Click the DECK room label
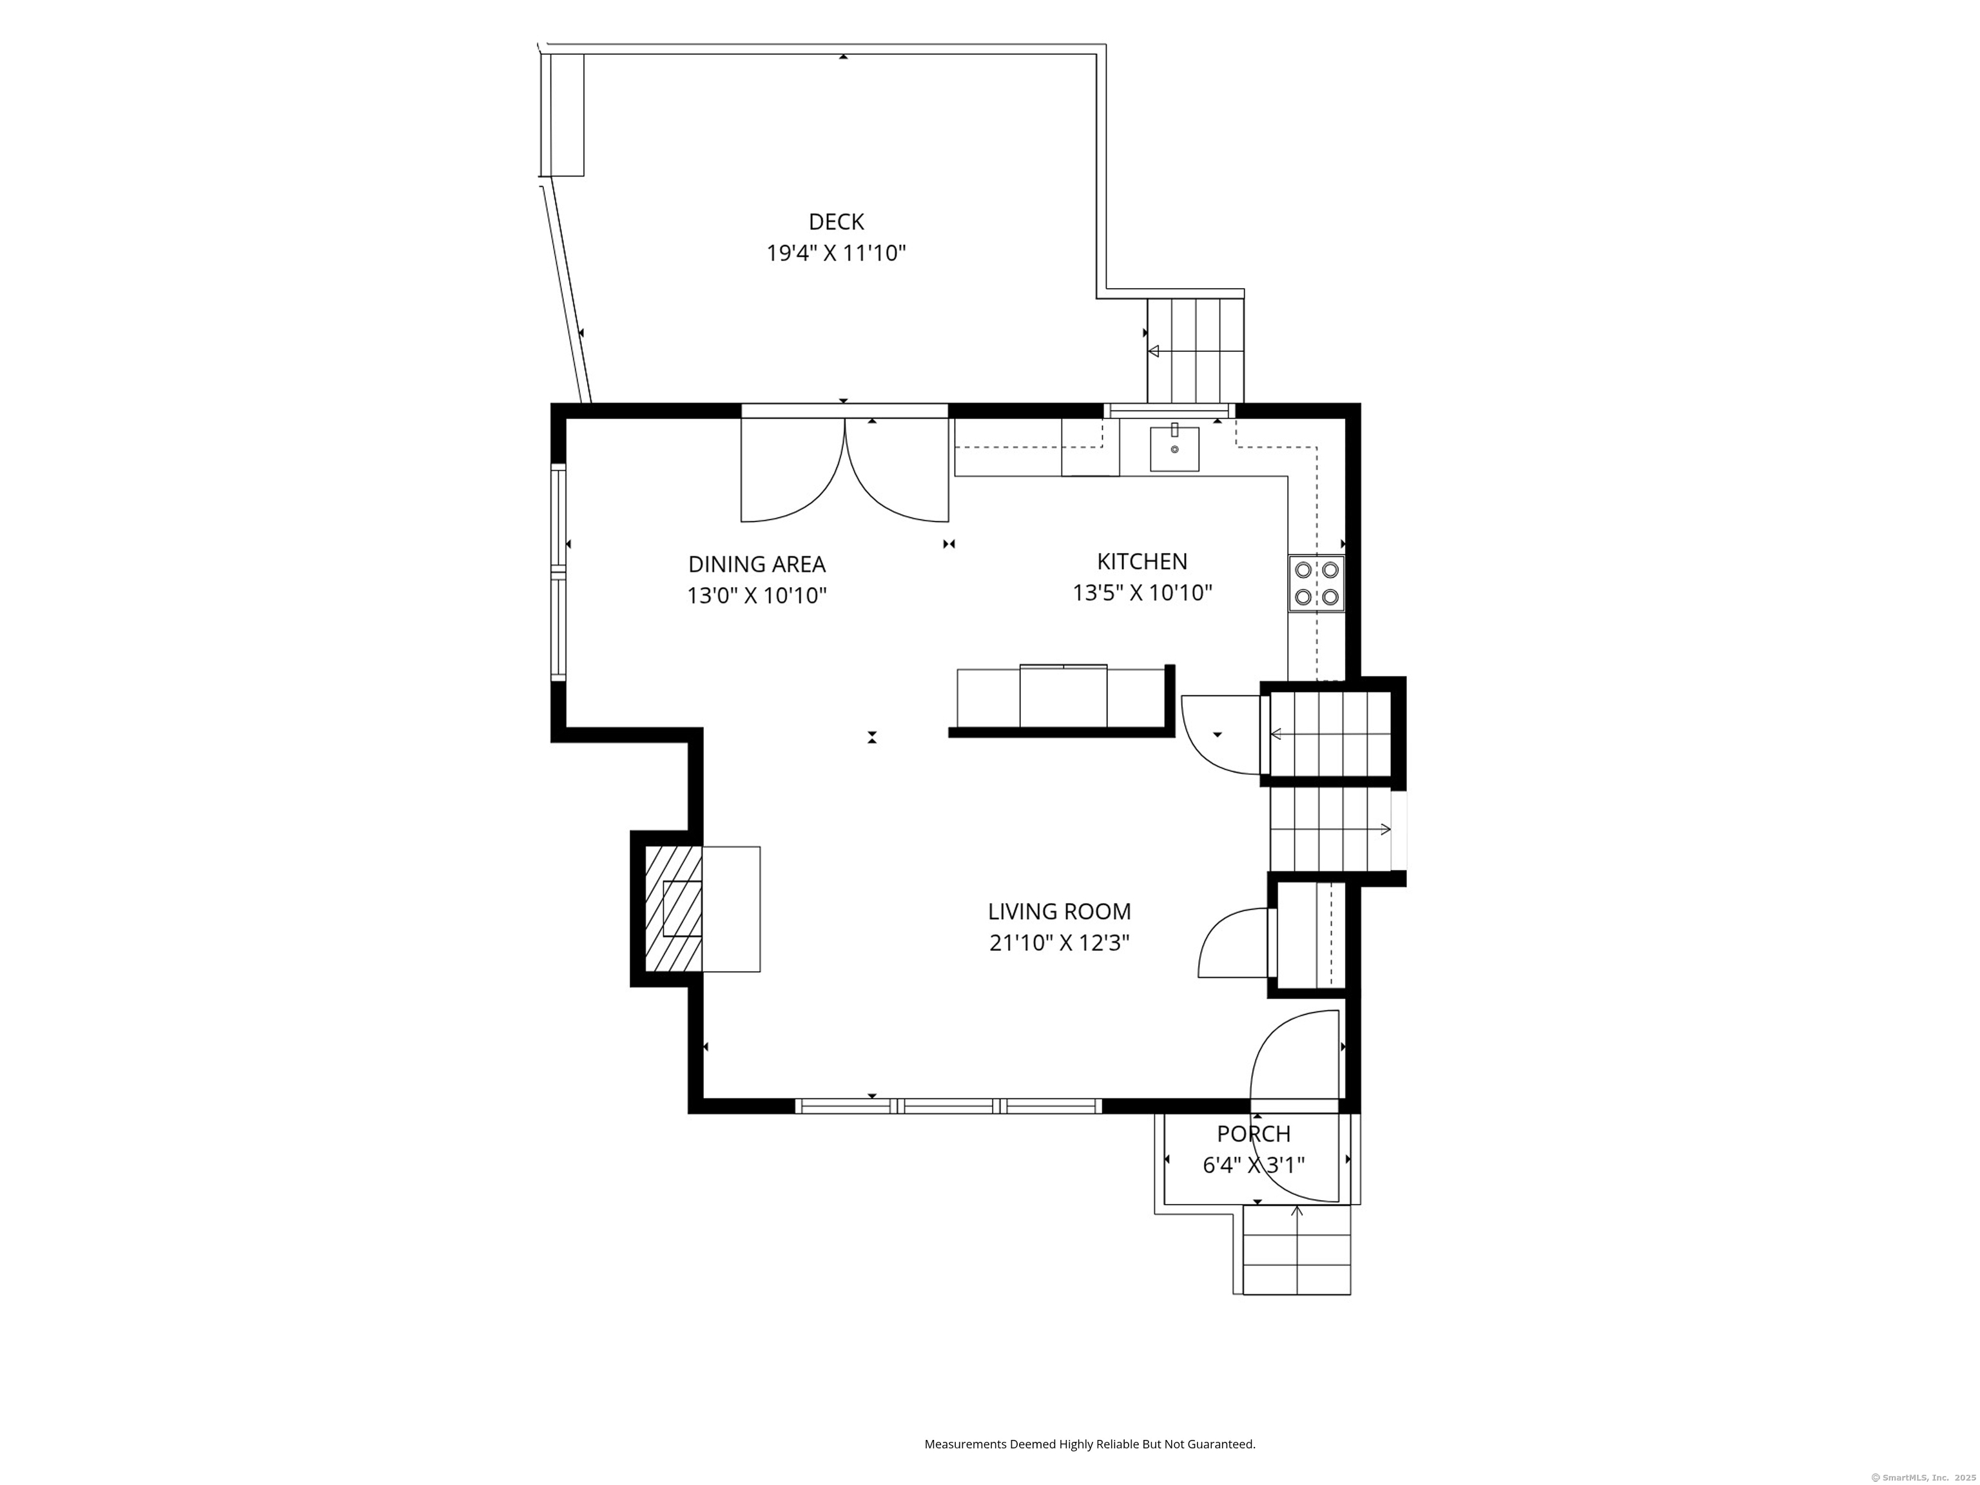[836, 222]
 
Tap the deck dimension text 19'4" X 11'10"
[836, 253]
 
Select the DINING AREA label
[757, 565]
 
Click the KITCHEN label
[1142, 562]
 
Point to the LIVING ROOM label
[1059, 912]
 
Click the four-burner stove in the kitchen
[1316, 583]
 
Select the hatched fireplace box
[673, 909]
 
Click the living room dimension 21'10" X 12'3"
[1059, 944]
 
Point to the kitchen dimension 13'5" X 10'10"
[1142, 592]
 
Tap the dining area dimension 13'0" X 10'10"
[757, 596]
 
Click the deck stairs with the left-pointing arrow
[1196, 351]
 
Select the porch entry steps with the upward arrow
[1296, 1250]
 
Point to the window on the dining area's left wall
[559, 573]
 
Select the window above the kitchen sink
[1169, 411]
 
